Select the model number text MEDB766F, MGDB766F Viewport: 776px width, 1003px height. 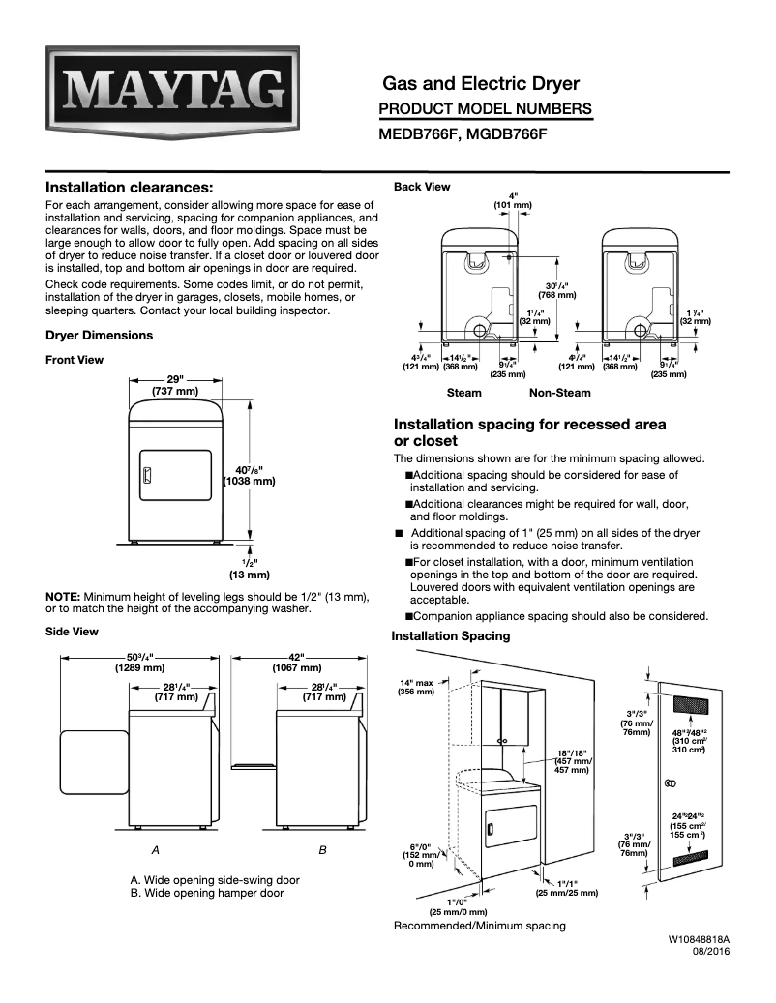463,134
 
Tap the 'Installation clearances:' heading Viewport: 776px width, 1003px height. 130,187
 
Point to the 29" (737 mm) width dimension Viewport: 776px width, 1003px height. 175,385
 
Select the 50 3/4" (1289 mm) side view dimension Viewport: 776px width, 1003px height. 140,662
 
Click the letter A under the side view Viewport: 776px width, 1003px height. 155,849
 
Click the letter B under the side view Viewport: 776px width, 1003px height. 322,849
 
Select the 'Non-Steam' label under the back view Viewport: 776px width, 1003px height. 559,393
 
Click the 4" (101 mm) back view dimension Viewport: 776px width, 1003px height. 512,200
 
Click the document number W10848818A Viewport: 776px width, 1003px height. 698,939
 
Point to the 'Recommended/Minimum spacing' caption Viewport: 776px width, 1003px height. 479,926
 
